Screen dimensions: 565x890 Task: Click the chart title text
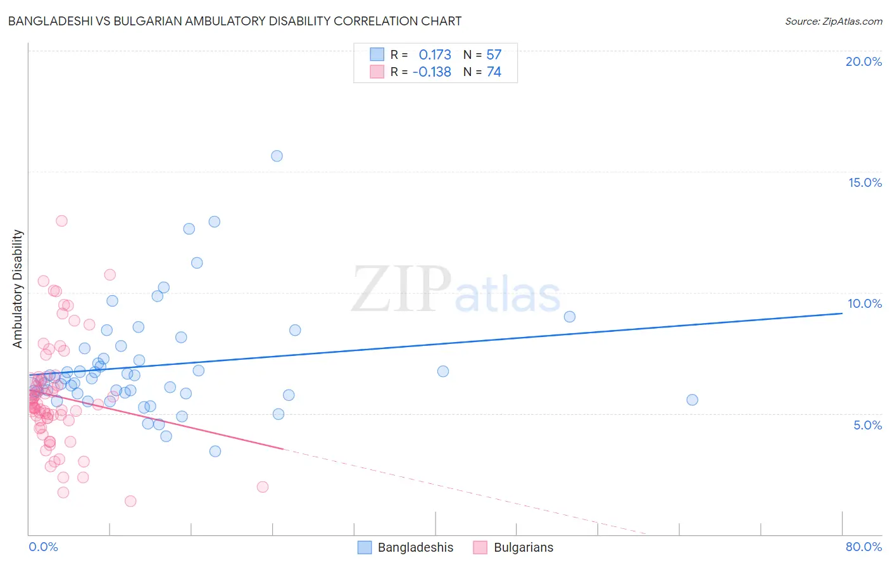tap(235, 21)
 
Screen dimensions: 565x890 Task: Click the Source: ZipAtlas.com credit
tap(833, 21)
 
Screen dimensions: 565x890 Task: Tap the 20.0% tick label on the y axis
tap(863, 61)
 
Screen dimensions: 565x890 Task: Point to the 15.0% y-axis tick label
tap(865, 182)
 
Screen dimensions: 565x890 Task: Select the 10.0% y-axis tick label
tap(865, 303)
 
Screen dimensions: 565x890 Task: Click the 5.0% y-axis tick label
tap(867, 425)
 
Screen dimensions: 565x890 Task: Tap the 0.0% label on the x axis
tap(43, 547)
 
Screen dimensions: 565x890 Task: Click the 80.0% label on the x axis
tap(863, 547)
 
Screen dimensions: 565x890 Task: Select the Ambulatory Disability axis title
tap(18, 289)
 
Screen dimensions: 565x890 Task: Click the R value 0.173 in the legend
tap(435, 54)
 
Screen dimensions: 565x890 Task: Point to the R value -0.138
tap(432, 72)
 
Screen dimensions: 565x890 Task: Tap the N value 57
tap(494, 54)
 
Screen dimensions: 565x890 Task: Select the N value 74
tap(494, 72)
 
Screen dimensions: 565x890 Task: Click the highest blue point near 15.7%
tap(277, 156)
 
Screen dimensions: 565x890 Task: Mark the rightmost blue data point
tap(692, 400)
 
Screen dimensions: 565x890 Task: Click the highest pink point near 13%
tap(61, 221)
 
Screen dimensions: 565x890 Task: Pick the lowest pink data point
tap(130, 501)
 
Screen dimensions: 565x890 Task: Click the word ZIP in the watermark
tap(401, 289)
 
